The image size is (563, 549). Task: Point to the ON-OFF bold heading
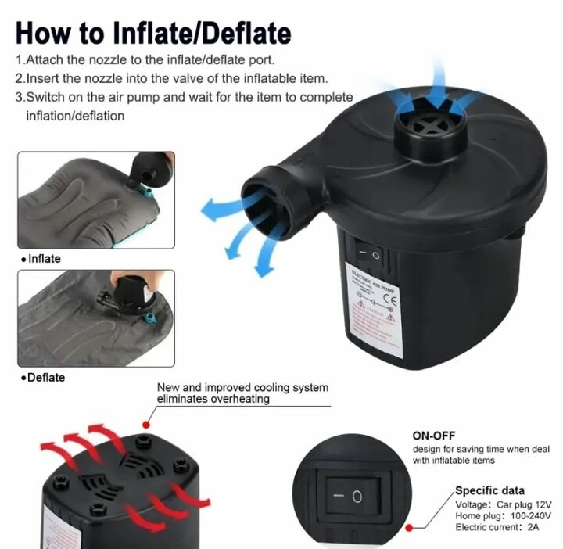pyautogui.click(x=434, y=436)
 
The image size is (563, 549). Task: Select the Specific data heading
pyautogui.click(x=490, y=491)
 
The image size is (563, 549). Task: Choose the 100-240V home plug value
pyautogui.click(x=531, y=516)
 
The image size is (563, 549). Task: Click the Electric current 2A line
pyautogui.click(x=500, y=529)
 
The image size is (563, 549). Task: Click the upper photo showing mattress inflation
pyautogui.click(x=95, y=201)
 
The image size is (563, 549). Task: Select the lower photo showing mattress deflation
pyautogui.click(x=95, y=318)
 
